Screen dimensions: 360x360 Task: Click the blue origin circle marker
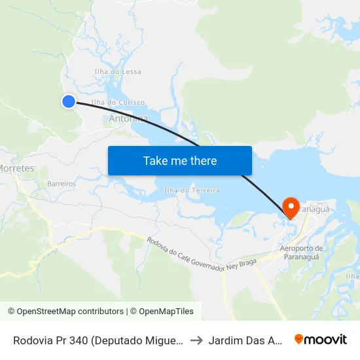[x=69, y=101]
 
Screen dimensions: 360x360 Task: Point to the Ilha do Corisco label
[x=118, y=103]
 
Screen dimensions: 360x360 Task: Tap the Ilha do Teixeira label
[x=192, y=190]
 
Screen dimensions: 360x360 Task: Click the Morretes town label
[x=16, y=168]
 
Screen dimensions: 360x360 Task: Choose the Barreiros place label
[x=62, y=184]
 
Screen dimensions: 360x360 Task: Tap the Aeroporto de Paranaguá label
[x=302, y=252]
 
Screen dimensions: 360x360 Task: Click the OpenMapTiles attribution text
[x=164, y=312]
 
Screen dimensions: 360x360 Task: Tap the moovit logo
[x=321, y=340]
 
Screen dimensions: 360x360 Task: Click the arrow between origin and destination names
[x=194, y=340]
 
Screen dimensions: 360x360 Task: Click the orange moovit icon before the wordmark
[x=299, y=339]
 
